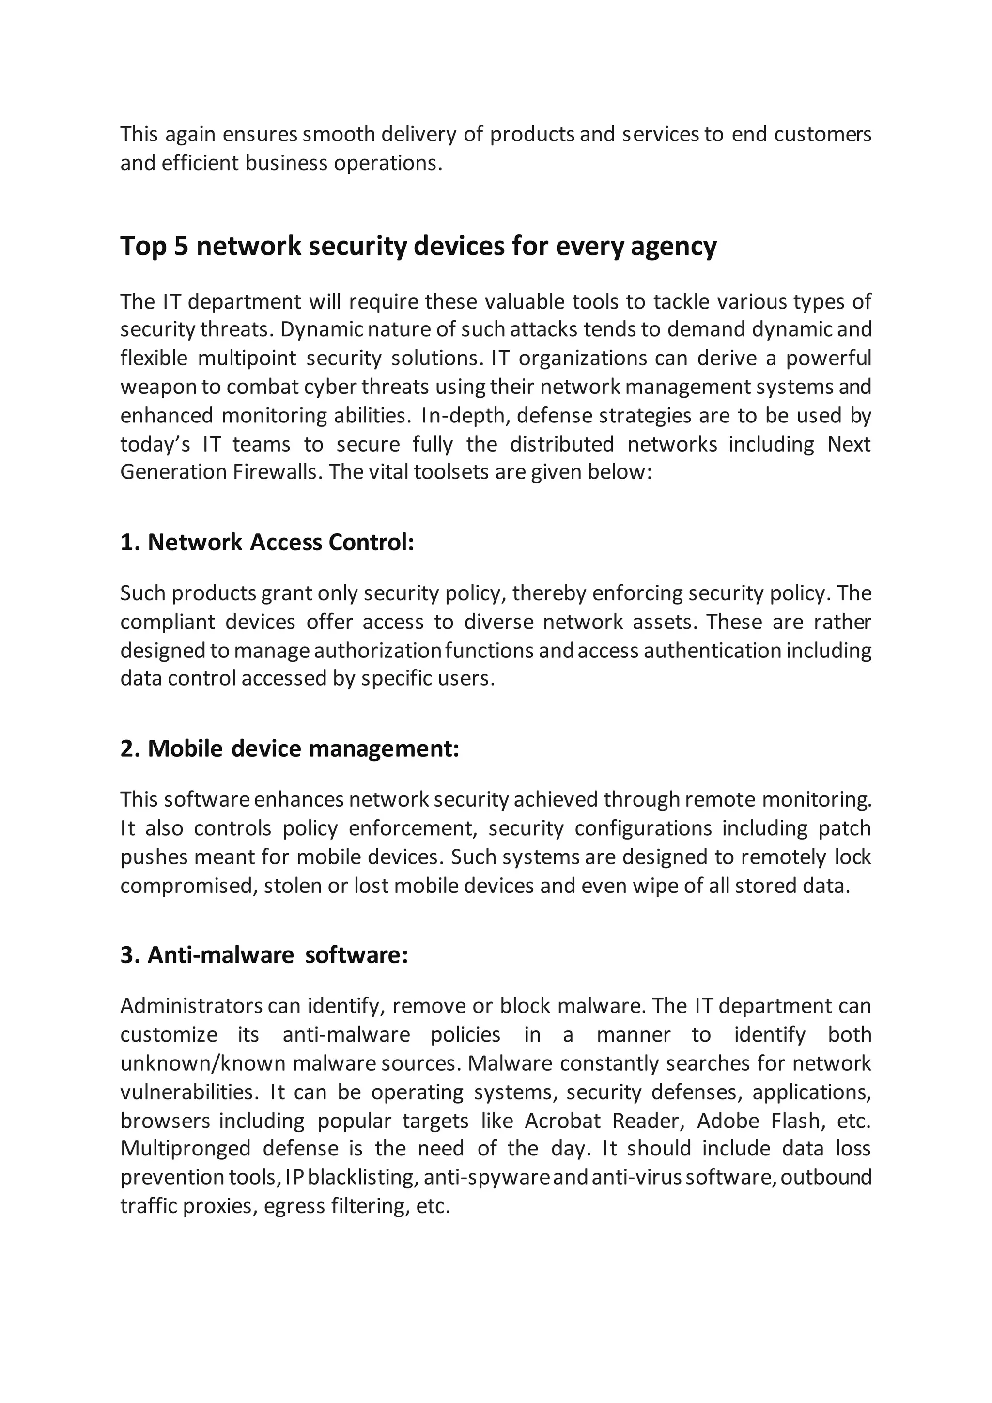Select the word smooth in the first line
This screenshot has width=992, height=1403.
[339, 134]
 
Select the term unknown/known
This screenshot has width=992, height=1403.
[203, 1064]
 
